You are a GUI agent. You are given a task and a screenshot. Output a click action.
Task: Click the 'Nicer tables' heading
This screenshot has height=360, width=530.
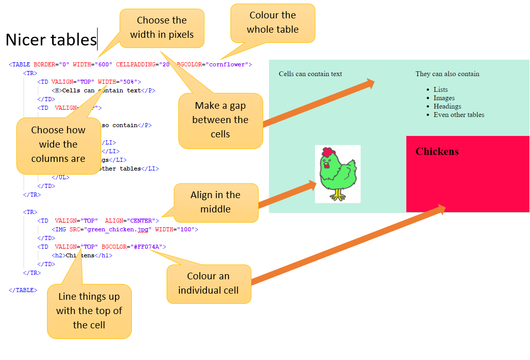(x=51, y=40)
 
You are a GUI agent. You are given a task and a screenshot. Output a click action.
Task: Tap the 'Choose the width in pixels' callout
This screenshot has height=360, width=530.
(x=162, y=28)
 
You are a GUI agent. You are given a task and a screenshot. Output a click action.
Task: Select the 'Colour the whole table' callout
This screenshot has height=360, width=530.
(x=272, y=22)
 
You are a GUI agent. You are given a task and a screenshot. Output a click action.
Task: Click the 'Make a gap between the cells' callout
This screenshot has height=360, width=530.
(x=220, y=120)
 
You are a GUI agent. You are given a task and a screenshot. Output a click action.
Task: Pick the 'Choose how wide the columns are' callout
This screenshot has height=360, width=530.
(x=58, y=145)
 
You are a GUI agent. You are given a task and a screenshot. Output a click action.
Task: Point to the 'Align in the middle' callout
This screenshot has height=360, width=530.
(x=215, y=202)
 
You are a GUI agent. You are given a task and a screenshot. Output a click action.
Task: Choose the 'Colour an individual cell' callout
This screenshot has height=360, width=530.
(x=209, y=283)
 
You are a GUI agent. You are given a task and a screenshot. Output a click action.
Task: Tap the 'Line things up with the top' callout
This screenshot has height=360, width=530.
(x=89, y=311)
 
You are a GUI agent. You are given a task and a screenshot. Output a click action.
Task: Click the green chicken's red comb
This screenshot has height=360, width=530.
(x=328, y=152)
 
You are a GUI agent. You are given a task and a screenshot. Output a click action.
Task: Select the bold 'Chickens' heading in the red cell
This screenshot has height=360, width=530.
(x=437, y=152)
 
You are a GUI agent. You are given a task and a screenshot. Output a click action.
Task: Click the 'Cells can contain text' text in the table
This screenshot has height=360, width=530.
(x=310, y=74)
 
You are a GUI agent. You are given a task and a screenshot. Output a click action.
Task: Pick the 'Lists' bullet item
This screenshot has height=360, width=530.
(x=441, y=89)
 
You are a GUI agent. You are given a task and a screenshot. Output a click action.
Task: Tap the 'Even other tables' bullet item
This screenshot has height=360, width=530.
(x=459, y=115)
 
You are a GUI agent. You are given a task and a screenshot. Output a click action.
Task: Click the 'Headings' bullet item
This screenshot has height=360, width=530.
(x=447, y=106)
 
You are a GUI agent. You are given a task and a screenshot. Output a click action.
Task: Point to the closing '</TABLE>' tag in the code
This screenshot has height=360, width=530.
(x=23, y=290)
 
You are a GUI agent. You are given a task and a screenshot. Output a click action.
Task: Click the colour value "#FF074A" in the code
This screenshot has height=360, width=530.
(x=149, y=247)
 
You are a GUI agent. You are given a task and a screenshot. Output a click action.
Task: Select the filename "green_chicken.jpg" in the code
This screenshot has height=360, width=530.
(x=118, y=230)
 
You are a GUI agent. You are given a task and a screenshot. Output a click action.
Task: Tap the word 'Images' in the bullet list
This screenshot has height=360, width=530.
(x=444, y=98)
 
